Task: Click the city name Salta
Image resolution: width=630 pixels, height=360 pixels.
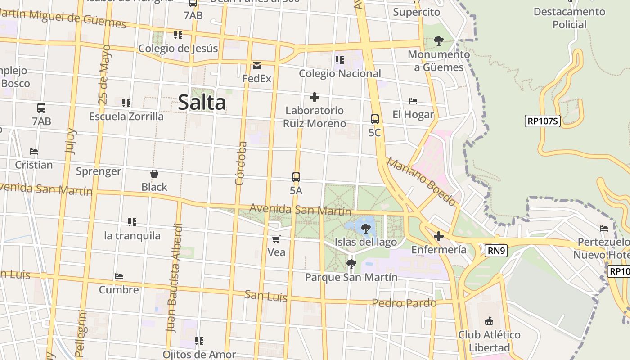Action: click(202, 102)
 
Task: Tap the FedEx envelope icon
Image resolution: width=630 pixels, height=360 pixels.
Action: click(257, 66)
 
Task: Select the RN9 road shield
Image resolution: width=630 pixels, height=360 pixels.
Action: click(496, 251)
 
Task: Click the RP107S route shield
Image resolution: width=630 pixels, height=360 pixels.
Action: click(542, 121)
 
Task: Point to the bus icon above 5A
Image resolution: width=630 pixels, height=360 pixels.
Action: click(296, 177)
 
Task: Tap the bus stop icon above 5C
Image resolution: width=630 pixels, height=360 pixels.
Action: click(374, 119)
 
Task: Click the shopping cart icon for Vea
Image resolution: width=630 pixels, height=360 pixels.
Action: click(276, 239)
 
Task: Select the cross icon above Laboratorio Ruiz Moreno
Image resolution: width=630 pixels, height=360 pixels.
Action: click(315, 97)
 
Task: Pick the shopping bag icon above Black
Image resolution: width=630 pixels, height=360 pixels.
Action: click(154, 174)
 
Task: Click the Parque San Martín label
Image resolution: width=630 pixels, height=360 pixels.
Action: click(351, 277)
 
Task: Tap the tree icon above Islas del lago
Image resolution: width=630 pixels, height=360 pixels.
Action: click(366, 229)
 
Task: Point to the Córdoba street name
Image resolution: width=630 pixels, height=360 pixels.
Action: click(241, 163)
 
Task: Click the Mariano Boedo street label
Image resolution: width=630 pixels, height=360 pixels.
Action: click(421, 181)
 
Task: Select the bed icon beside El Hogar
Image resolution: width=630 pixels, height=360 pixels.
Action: click(413, 101)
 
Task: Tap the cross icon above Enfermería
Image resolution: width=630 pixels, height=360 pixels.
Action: click(439, 236)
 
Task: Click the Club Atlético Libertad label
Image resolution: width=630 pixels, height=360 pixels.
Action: click(489, 341)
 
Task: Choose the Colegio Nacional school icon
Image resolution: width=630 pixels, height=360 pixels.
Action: click(339, 60)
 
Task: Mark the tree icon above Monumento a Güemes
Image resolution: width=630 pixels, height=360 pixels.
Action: click(439, 41)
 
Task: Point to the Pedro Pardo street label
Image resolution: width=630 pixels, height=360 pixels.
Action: click(404, 303)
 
